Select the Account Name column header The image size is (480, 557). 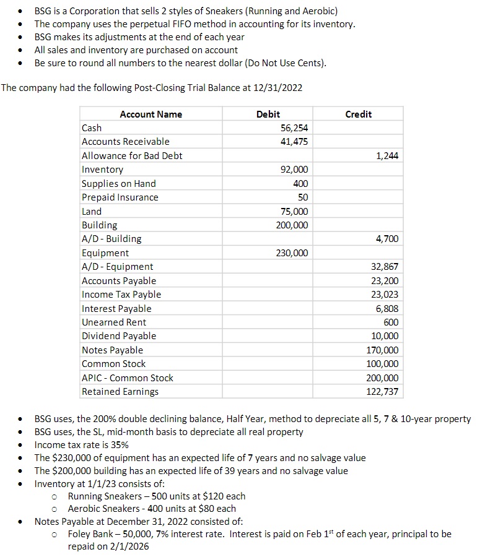coord(151,114)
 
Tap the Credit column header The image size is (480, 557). coord(358,114)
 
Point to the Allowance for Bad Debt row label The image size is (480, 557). coord(132,155)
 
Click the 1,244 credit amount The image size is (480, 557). coord(387,155)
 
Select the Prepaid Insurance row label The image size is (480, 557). coord(120,197)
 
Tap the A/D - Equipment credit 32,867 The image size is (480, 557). coord(386,267)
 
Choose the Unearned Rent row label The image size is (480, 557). coord(114,322)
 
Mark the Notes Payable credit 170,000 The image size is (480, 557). coord(383,350)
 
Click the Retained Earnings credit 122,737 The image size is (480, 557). coord(383,392)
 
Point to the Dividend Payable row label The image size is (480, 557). coord(119,336)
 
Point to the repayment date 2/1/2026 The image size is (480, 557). coord(128,546)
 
